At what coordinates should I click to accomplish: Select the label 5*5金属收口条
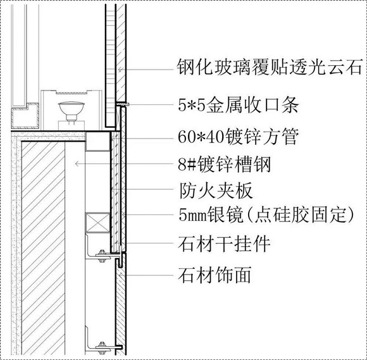[x=238, y=104]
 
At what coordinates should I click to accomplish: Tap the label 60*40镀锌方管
[x=238, y=137]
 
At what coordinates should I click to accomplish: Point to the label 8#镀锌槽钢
[x=224, y=164]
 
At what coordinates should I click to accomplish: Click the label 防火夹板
[x=216, y=190]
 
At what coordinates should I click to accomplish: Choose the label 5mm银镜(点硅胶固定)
[x=266, y=214]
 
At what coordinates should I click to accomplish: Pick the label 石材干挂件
[x=224, y=244]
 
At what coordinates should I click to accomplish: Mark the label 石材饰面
[x=215, y=275]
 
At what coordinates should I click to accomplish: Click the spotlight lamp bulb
[x=71, y=108]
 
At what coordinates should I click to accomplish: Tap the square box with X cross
[x=97, y=223]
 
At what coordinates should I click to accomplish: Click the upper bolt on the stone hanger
[x=102, y=256]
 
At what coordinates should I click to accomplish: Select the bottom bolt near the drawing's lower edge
[x=102, y=348]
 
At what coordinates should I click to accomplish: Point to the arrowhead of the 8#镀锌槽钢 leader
[x=77, y=164]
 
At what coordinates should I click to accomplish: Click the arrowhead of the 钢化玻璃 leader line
[x=120, y=70]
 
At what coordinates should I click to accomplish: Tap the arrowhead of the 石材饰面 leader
[x=120, y=275]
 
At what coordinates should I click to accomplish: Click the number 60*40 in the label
[x=200, y=137]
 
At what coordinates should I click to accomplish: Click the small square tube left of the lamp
[x=25, y=116]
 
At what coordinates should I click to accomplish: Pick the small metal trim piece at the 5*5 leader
[x=122, y=104]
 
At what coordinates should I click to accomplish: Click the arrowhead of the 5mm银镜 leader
[x=124, y=214]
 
